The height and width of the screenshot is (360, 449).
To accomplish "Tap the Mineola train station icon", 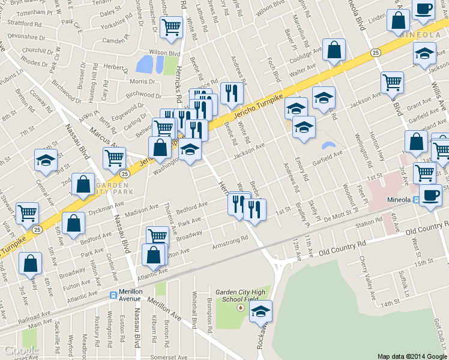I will (x=416, y=201).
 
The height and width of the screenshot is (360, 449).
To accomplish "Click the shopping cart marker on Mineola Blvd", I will (x=392, y=82).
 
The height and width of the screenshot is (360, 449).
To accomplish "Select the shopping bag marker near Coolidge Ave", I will (x=334, y=51).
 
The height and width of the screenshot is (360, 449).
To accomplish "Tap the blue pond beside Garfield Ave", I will (x=328, y=146).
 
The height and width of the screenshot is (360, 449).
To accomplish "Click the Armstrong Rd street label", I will (x=231, y=243).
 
